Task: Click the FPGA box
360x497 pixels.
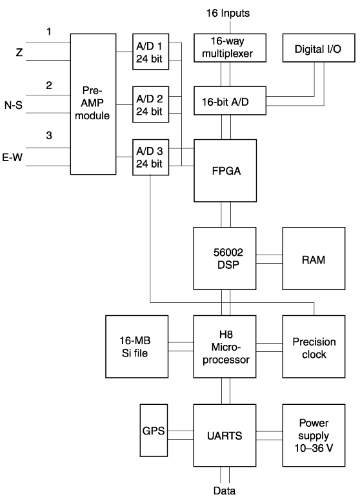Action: [x=225, y=171]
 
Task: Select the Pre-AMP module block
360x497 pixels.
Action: [x=93, y=104]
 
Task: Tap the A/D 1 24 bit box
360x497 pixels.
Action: [x=151, y=52]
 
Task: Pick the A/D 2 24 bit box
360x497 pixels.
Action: [x=151, y=104]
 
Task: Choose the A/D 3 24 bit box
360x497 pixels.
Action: [x=151, y=157]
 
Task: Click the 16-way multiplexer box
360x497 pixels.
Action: [x=230, y=48]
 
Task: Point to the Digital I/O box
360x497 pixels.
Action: [x=319, y=48]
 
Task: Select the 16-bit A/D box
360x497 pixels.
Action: [x=230, y=101]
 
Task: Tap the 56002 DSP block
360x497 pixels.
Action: [x=225, y=258]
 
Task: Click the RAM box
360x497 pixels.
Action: [x=314, y=258]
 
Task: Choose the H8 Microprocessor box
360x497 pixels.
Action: [x=225, y=346]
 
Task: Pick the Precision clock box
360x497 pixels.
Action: [x=314, y=346]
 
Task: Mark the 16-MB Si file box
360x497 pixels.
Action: [x=137, y=346]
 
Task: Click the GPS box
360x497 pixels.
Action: [x=154, y=430]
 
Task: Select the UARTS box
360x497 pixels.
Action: [x=225, y=435]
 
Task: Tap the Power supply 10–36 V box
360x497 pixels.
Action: [x=314, y=435]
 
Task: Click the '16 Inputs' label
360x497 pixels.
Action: [x=228, y=13]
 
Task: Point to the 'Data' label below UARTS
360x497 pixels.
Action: [x=225, y=491]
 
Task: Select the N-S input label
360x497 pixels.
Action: [x=14, y=104]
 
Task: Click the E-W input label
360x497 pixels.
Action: [x=12, y=157]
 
